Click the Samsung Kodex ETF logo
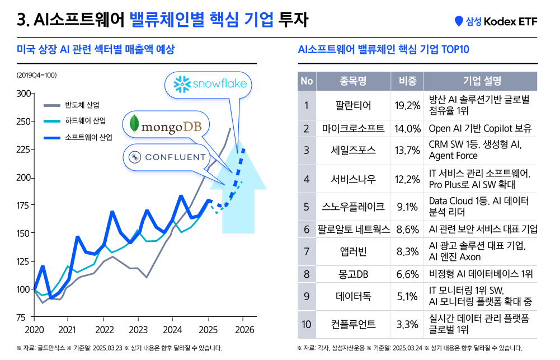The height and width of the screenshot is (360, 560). pyautogui.click(x=496, y=22)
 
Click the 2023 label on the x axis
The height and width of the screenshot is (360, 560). pyautogui.click(x=138, y=329)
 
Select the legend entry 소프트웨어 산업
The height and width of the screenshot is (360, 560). pyautogui.click(x=88, y=137)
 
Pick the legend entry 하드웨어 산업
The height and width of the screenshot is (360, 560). pyautogui.click(x=86, y=121)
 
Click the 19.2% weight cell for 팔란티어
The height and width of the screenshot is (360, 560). pyautogui.click(x=407, y=105)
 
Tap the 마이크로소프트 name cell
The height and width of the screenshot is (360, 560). pyautogui.click(x=353, y=129)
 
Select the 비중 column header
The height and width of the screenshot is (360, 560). pyautogui.click(x=407, y=81)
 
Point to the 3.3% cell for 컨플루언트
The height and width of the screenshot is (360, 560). pyautogui.click(x=407, y=325)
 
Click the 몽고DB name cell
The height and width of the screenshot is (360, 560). pyautogui.click(x=353, y=274)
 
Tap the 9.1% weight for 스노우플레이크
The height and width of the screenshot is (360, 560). pyautogui.click(x=407, y=207)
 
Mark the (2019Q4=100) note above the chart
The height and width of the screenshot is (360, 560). pyautogui.click(x=36, y=74)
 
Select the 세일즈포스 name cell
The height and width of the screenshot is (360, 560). pyautogui.click(x=353, y=150)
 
